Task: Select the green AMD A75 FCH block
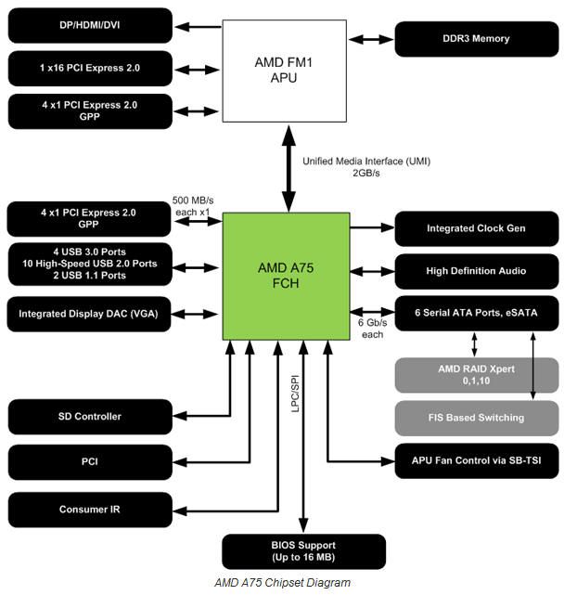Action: (286, 277)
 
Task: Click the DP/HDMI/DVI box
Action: (89, 25)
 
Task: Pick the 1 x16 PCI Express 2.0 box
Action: (89, 69)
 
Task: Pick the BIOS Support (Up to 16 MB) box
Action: (304, 551)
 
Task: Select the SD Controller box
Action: (89, 417)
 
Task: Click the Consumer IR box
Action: (89, 510)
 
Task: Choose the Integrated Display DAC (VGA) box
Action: (89, 314)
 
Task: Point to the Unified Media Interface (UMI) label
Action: (365, 167)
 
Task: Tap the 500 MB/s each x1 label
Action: (194, 206)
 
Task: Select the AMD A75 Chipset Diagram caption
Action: (282, 583)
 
